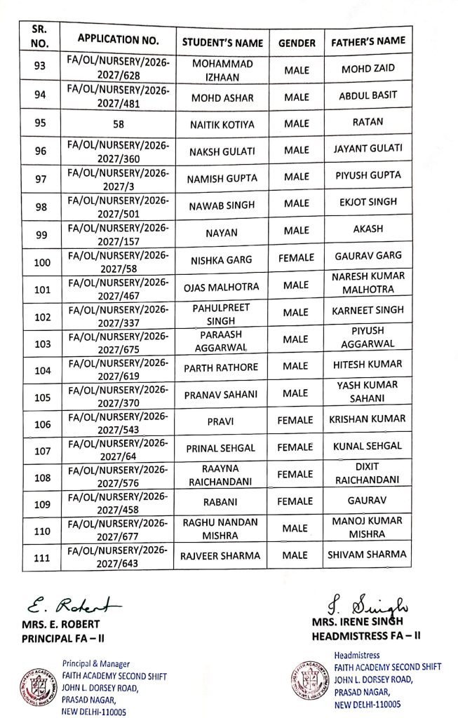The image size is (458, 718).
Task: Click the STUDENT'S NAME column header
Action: click(x=222, y=43)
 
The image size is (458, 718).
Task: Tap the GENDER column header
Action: click(x=297, y=43)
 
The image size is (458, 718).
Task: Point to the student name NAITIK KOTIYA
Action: click(x=222, y=124)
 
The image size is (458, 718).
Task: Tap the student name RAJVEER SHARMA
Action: click(x=222, y=555)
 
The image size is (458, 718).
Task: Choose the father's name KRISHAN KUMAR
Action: click(x=368, y=419)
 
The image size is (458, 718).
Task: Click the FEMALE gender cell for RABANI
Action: click(x=295, y=501)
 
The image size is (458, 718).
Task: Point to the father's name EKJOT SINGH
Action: click(x=368, y=203)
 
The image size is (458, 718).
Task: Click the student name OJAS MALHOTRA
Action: click(x=222, y=286)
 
